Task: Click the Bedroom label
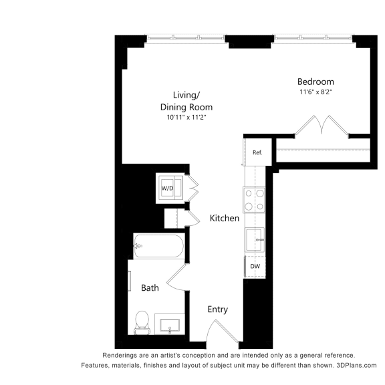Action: (x=315, y=82)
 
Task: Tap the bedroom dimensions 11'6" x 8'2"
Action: (x=315, y=92)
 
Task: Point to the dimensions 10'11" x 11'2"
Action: (x=186, y=118)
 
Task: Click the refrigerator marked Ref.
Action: (x=257, y=152)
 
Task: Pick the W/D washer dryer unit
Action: (x=168, y=188)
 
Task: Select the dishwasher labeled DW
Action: (x=255, y=267)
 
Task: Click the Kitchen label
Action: (x=225, y=219)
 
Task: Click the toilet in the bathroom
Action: (x=142, y=322)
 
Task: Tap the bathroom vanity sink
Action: (x=170, y=326)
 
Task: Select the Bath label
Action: (x=150, y=288)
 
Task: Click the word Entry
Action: (x=217, y=309)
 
